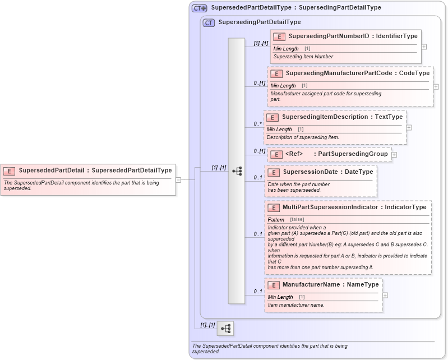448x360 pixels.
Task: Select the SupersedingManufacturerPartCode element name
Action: point(326,73)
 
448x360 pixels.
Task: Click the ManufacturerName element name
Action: point(311,285)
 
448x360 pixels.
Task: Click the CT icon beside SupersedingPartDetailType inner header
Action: point(209,22)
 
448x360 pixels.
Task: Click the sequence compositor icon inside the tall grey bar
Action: point(236,171)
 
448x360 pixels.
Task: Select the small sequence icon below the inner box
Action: point(225,329)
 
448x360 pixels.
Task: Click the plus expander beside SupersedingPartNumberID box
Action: point(424,47)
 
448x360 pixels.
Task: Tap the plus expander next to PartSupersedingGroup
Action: point(394,155)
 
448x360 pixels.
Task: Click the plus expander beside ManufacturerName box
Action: point(385,295)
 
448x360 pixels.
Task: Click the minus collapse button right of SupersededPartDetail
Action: point(178,180)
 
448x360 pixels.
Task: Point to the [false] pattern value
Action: point(297,219)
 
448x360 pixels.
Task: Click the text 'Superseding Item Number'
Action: point(303,57)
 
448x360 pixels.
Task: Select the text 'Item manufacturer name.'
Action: point(295,305)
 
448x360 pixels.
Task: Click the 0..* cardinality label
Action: point(258,123)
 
